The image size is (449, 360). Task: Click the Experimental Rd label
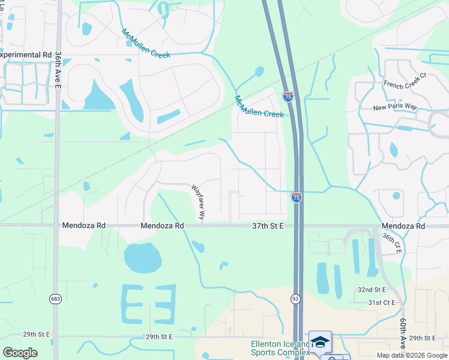[26, 55]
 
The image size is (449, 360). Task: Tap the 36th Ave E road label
[58, 70]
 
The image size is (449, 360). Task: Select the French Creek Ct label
[405, 80]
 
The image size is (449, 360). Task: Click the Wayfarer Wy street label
[199, 201]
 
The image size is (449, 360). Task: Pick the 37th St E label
[267, 226]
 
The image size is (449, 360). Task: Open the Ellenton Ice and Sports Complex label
[280, 348]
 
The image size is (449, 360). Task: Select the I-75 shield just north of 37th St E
[297, 197]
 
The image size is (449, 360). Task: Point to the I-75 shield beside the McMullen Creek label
[288, 95]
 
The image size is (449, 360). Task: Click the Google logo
[20, 353]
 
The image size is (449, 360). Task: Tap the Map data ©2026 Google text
[411, 355]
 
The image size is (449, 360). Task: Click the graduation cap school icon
[321, 341]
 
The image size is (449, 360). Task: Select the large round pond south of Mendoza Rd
[142, 258]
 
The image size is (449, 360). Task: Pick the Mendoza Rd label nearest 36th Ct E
[403, 226]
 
